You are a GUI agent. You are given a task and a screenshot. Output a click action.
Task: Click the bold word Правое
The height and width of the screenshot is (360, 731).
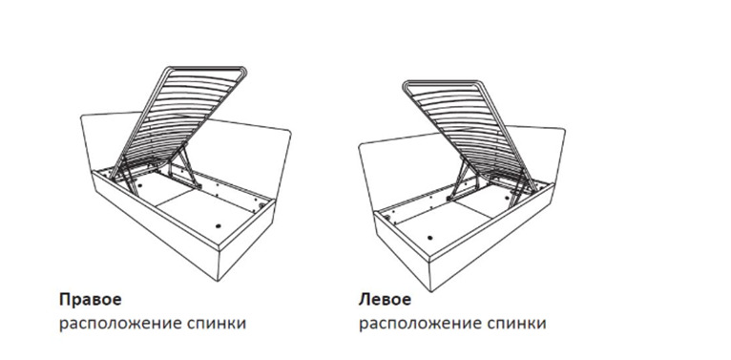tap(90, 300)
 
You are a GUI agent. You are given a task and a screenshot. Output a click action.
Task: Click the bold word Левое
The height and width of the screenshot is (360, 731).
tap(385, 300)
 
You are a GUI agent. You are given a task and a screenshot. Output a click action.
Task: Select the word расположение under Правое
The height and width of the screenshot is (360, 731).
tap(120, 324)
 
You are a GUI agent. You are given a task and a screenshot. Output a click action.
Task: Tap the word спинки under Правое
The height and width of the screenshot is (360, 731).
tap(217, 323)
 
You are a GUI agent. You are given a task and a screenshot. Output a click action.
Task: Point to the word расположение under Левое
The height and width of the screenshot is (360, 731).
tap(420, 324)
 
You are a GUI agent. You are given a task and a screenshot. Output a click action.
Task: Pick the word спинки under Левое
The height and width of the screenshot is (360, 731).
tap(516, 323)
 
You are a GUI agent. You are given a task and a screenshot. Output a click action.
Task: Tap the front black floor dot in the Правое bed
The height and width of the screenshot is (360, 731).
tap(219, 226)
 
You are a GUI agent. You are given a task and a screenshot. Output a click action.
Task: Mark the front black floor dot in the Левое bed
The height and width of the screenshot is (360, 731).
tap(429, 237)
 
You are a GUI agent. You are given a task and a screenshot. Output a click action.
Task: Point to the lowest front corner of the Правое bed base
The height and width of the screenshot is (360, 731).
tap(219, 281)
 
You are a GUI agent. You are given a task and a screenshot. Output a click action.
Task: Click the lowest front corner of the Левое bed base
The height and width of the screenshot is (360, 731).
tap(431, 292)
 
